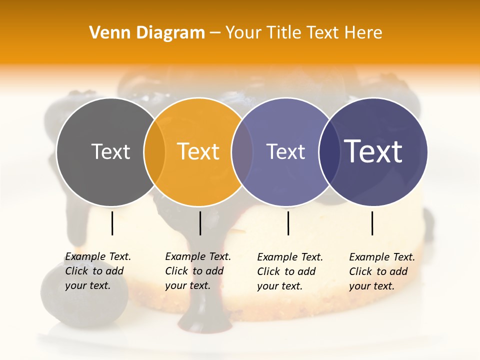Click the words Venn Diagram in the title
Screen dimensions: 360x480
click(147, 33)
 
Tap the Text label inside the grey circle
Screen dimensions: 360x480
click(110, 151)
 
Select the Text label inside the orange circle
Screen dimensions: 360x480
click(198, 151)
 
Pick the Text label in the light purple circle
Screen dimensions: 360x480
click(285, 151)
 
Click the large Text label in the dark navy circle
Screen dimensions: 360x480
click(373, 151)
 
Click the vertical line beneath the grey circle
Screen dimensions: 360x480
click(112, 223)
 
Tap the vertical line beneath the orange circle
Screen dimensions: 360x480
click(200, 223)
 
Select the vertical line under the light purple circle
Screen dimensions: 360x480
click(288, 223)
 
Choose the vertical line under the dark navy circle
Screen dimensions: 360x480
click(372, 223)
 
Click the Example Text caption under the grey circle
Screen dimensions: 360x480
click(97, 271)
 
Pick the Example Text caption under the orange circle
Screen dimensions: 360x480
click(197, 271)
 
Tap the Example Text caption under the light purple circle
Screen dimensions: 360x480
click(289, 271)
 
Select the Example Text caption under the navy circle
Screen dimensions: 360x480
click(381, 271)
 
